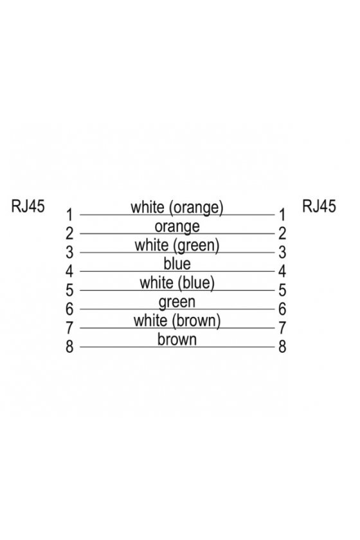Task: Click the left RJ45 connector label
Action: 28,206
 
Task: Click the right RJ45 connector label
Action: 319,206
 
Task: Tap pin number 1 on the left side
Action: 69,215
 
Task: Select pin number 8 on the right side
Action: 282,346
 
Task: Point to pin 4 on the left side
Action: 69,271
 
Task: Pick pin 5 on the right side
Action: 282,290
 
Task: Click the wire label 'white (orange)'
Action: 177,208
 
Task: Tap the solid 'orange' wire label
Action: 177,227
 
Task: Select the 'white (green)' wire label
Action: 177,246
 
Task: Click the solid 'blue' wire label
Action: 177,264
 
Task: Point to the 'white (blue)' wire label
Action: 177,283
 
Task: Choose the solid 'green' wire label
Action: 177,302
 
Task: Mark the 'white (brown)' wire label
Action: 177,321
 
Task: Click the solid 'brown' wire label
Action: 177,339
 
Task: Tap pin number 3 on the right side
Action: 282,253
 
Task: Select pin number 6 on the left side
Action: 69,309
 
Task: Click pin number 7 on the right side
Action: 282,327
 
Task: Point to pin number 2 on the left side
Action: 69,233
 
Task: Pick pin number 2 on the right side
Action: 282,233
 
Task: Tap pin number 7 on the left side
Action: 69,327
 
